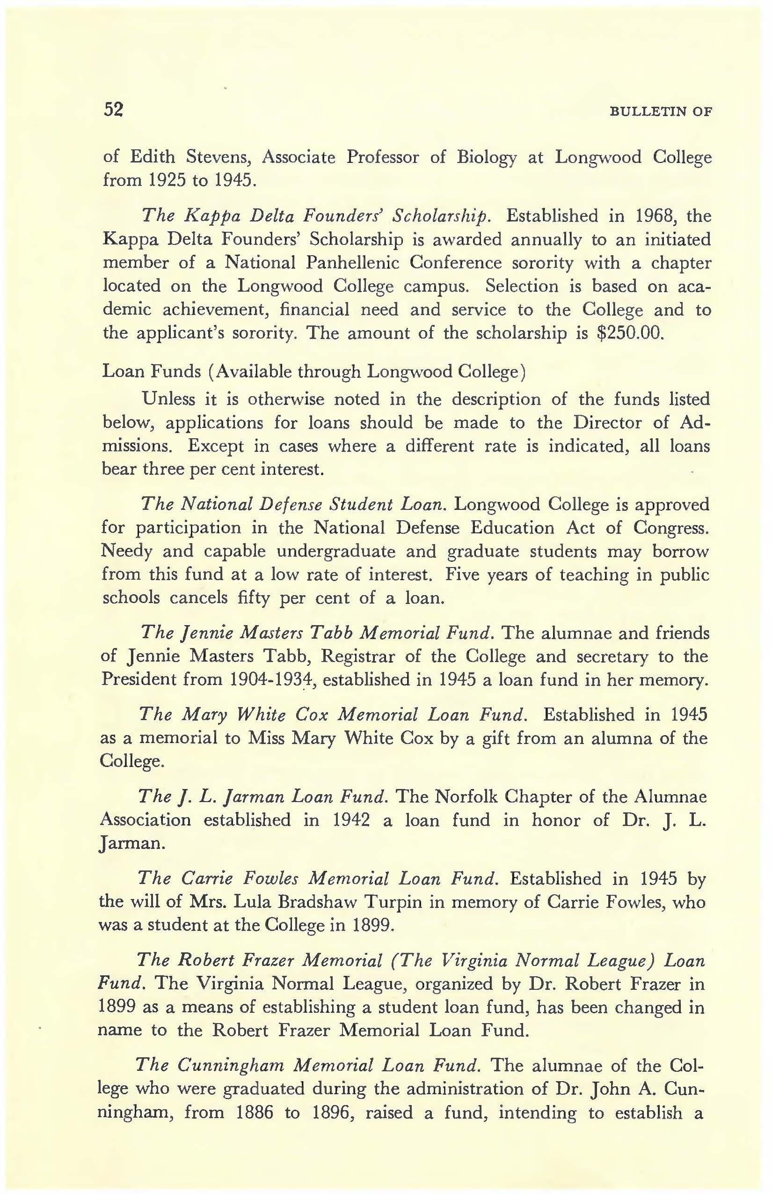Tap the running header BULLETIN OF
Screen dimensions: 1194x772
pyautogui.click(x=661, y=111)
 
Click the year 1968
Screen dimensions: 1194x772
pyautogui.click(x=652, y=216)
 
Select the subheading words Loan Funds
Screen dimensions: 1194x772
pyautogui.click(x=152, y=371)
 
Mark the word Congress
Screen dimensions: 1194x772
pyautogui.click(x=671, y=527)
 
